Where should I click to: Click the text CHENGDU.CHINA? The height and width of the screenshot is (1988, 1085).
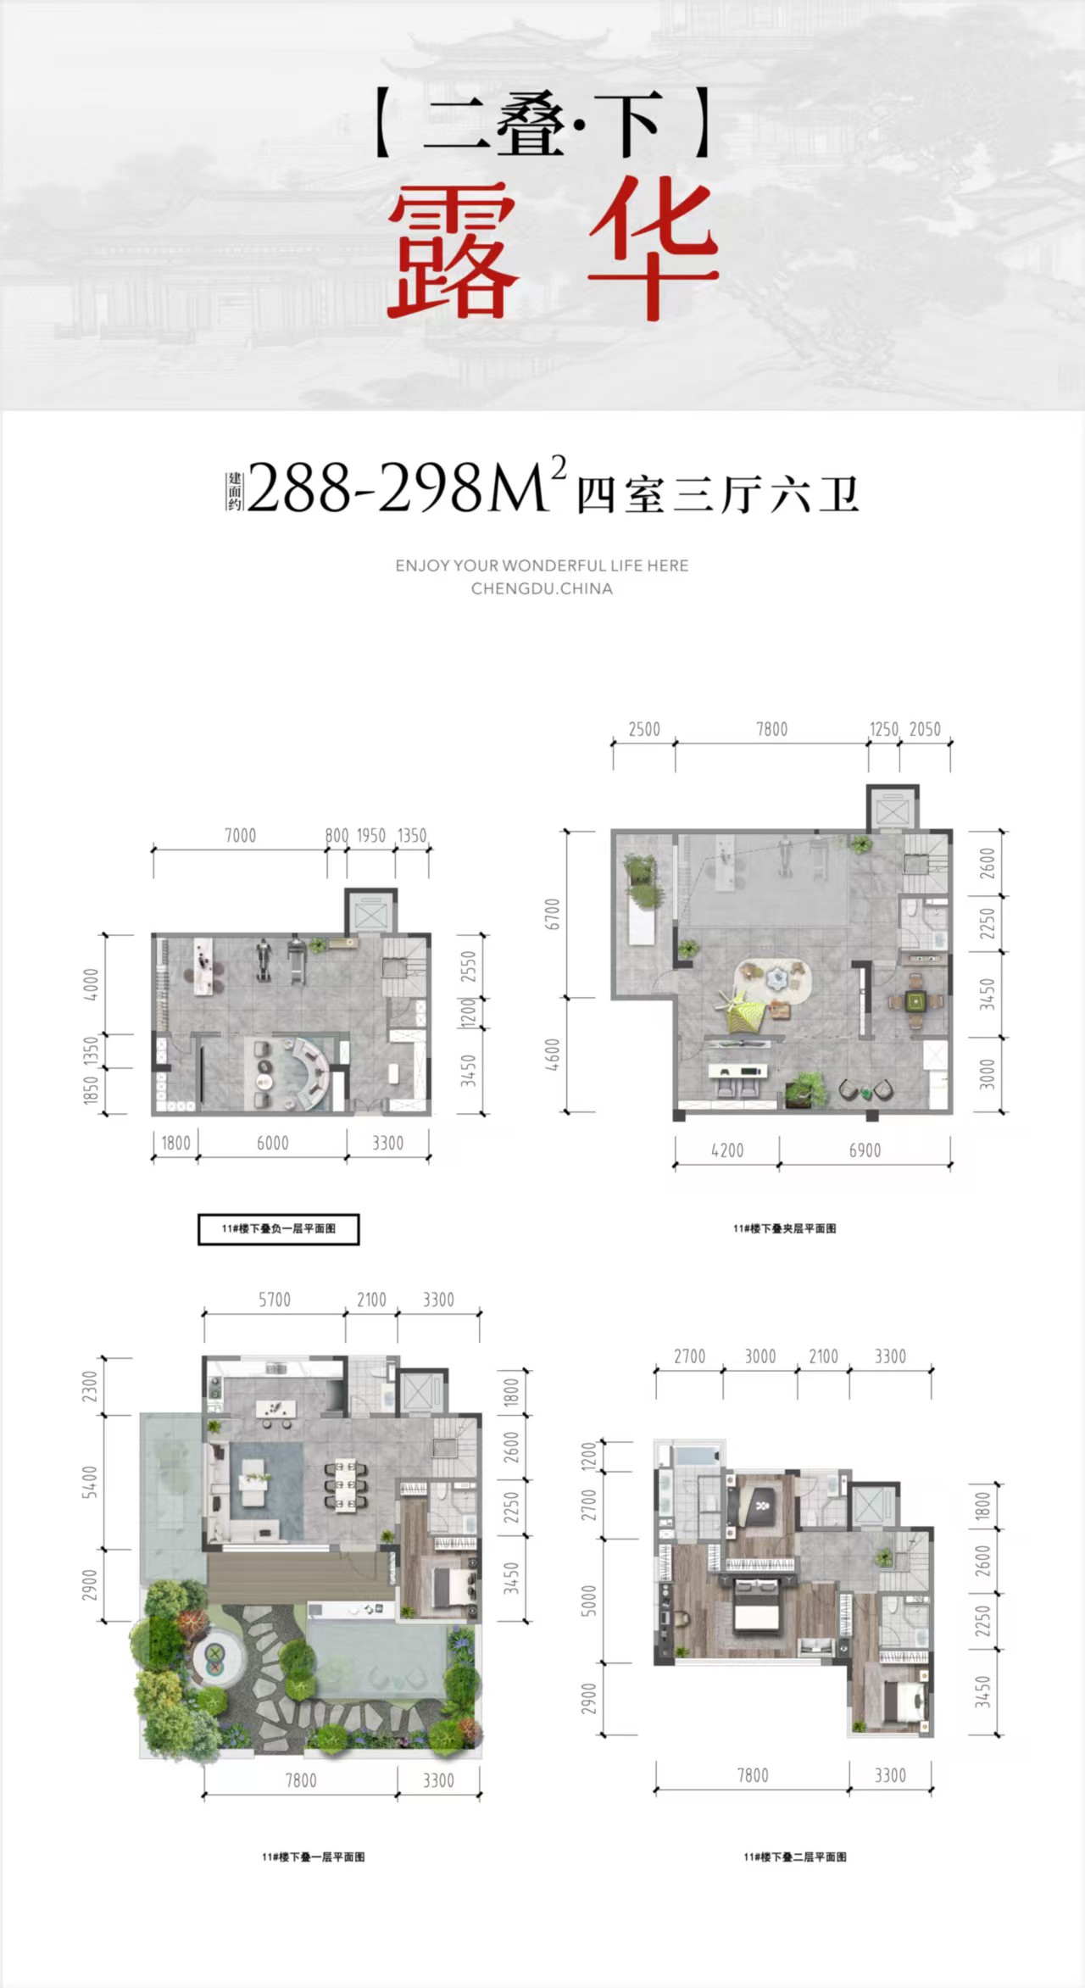point(542,588)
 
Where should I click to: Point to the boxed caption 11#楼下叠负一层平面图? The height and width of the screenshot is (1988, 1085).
point(278,1228)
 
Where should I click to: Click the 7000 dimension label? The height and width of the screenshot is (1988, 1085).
point(240,836)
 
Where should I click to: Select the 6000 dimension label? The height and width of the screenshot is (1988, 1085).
point(272,1143)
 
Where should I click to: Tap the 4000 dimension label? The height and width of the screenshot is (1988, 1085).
point(92,984)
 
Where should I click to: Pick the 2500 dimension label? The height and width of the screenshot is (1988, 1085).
point(644,729)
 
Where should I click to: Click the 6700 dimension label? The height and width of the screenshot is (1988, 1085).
point(553,914)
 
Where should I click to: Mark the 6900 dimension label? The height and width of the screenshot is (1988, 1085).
point(865,1150)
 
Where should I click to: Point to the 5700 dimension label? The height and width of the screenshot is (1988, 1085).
point(275,1300)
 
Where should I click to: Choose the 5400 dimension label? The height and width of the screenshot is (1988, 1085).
point(90,1481)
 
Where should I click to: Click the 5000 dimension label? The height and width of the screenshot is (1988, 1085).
point(589,1601)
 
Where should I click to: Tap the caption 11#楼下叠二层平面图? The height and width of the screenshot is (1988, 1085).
point(794,1857)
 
